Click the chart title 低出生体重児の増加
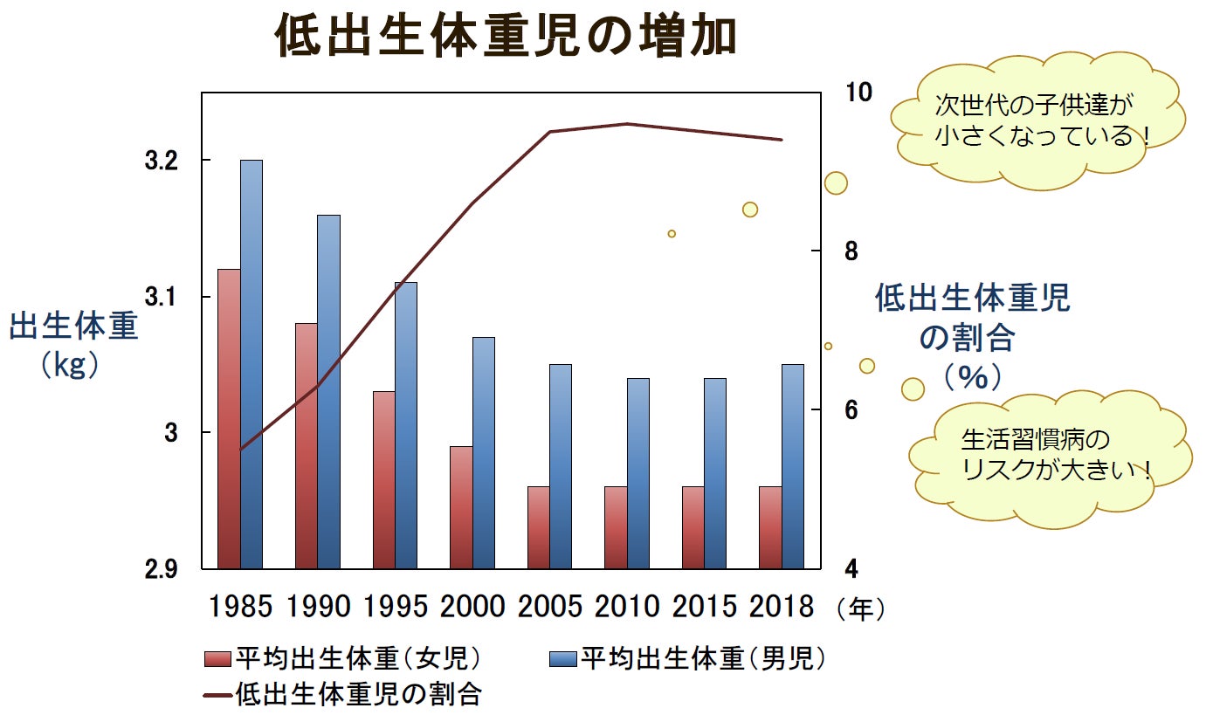click(x=507, y=37)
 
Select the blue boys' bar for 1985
click(x=252, y=367)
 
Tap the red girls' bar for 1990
click(x=307, y=445)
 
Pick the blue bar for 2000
click(x=484, y=454)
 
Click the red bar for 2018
click(x=770, y=527)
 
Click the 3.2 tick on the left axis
click(x=161, y=161)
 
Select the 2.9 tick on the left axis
click(x=161, y=569)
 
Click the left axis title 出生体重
click(x=73, y=327)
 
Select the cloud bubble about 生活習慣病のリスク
click(x=1048, y=452)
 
